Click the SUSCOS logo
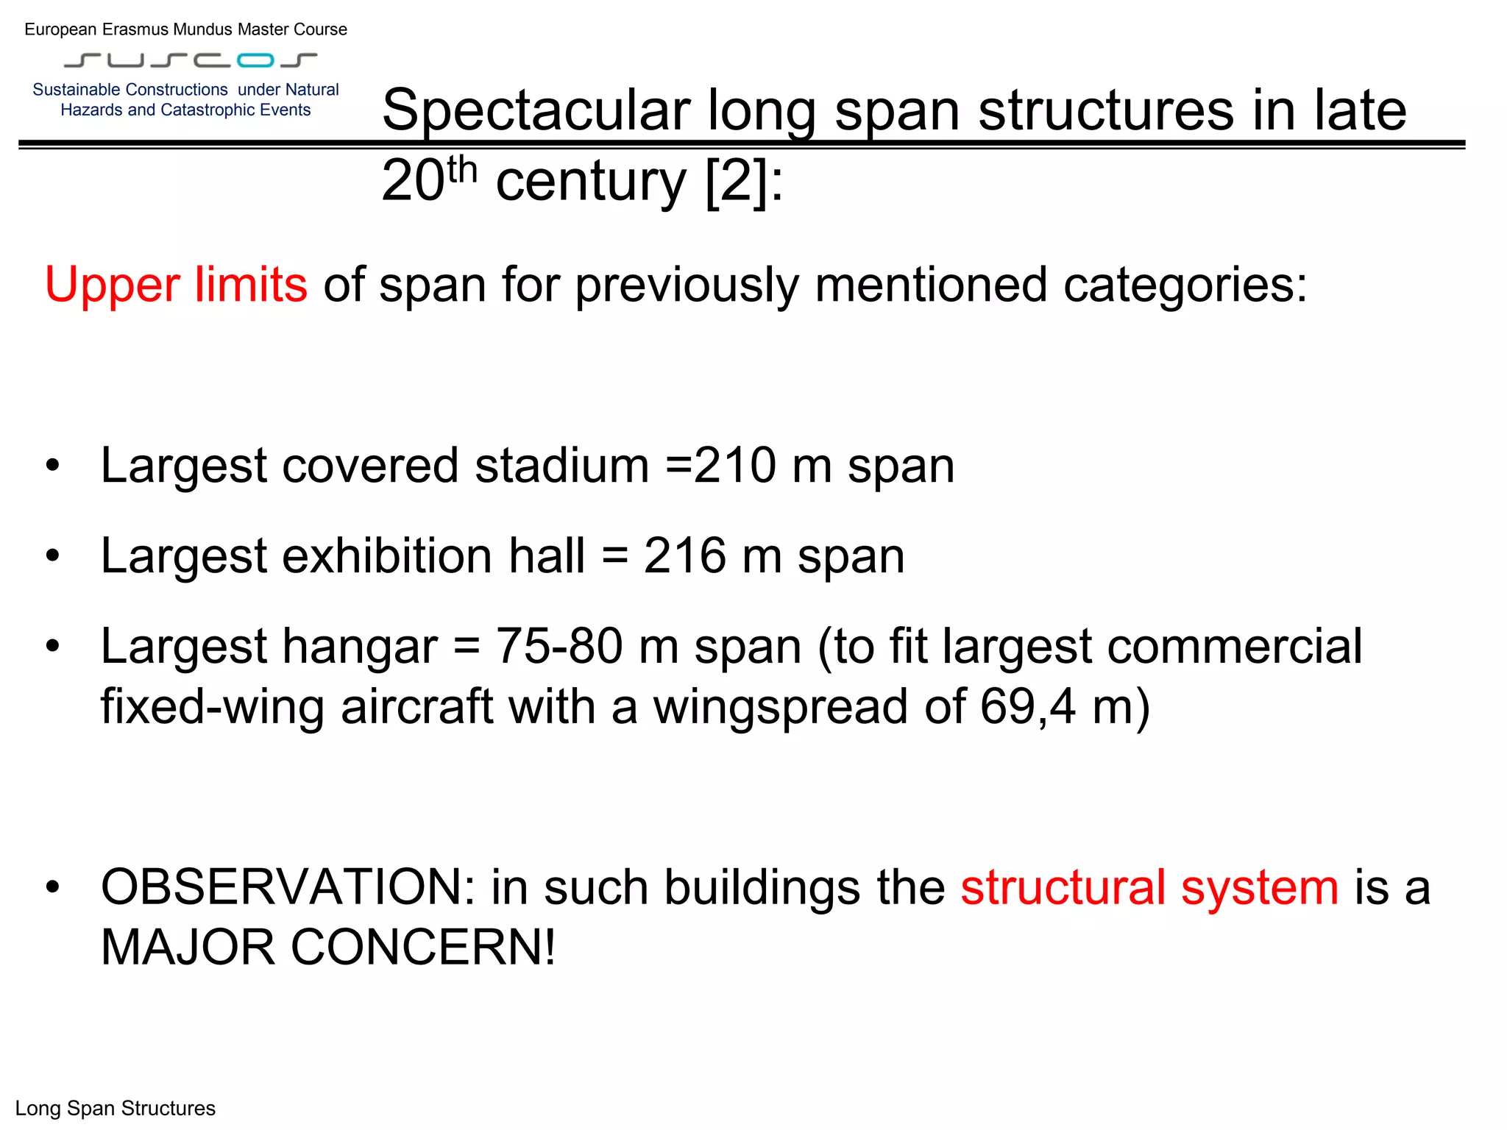click(191, 60)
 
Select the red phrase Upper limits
click(176, 285)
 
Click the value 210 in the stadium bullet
click(734, 466)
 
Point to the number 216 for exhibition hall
click(684, 555)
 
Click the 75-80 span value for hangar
click(559, 647)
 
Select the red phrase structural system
click(1149, 887)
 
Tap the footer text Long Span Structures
click(116, 1109)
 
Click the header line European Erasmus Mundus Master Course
click(185, 29)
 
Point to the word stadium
click(561, 466)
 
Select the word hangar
click(360, 647)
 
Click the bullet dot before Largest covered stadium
click(52, 466)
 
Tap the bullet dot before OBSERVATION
click(52, 888)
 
